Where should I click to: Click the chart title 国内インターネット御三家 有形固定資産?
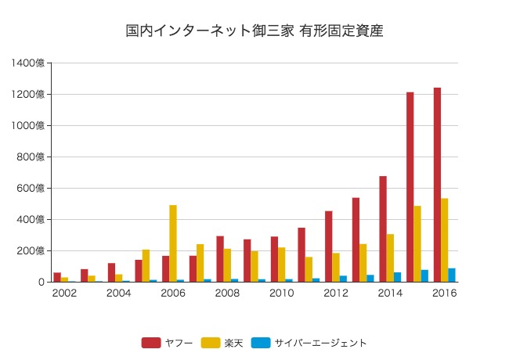pyautogui.click(x=254, y=31)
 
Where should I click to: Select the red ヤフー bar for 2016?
pyautogui.click(x=437, y=185)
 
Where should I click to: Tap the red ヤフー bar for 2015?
pyautogui.click(x=410, y=187)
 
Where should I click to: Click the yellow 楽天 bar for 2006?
pyautogui.click(x=173, y=243)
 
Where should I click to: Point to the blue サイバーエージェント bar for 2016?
pyautogui.click(x=452, y=275)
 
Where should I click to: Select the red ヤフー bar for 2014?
pyautogui.click(x=383, y=229)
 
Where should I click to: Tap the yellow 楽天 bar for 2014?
pyautogui.click(x=390, y=257)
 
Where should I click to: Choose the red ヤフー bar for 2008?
pyautogui.click(x=220, y=258)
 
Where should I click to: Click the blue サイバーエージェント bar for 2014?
pyautogui.click(x=397, y=277)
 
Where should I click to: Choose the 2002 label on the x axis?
pyautogui.click(x=64, y=293)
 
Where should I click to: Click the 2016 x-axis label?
pyautogui.click(x=444, y=293)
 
